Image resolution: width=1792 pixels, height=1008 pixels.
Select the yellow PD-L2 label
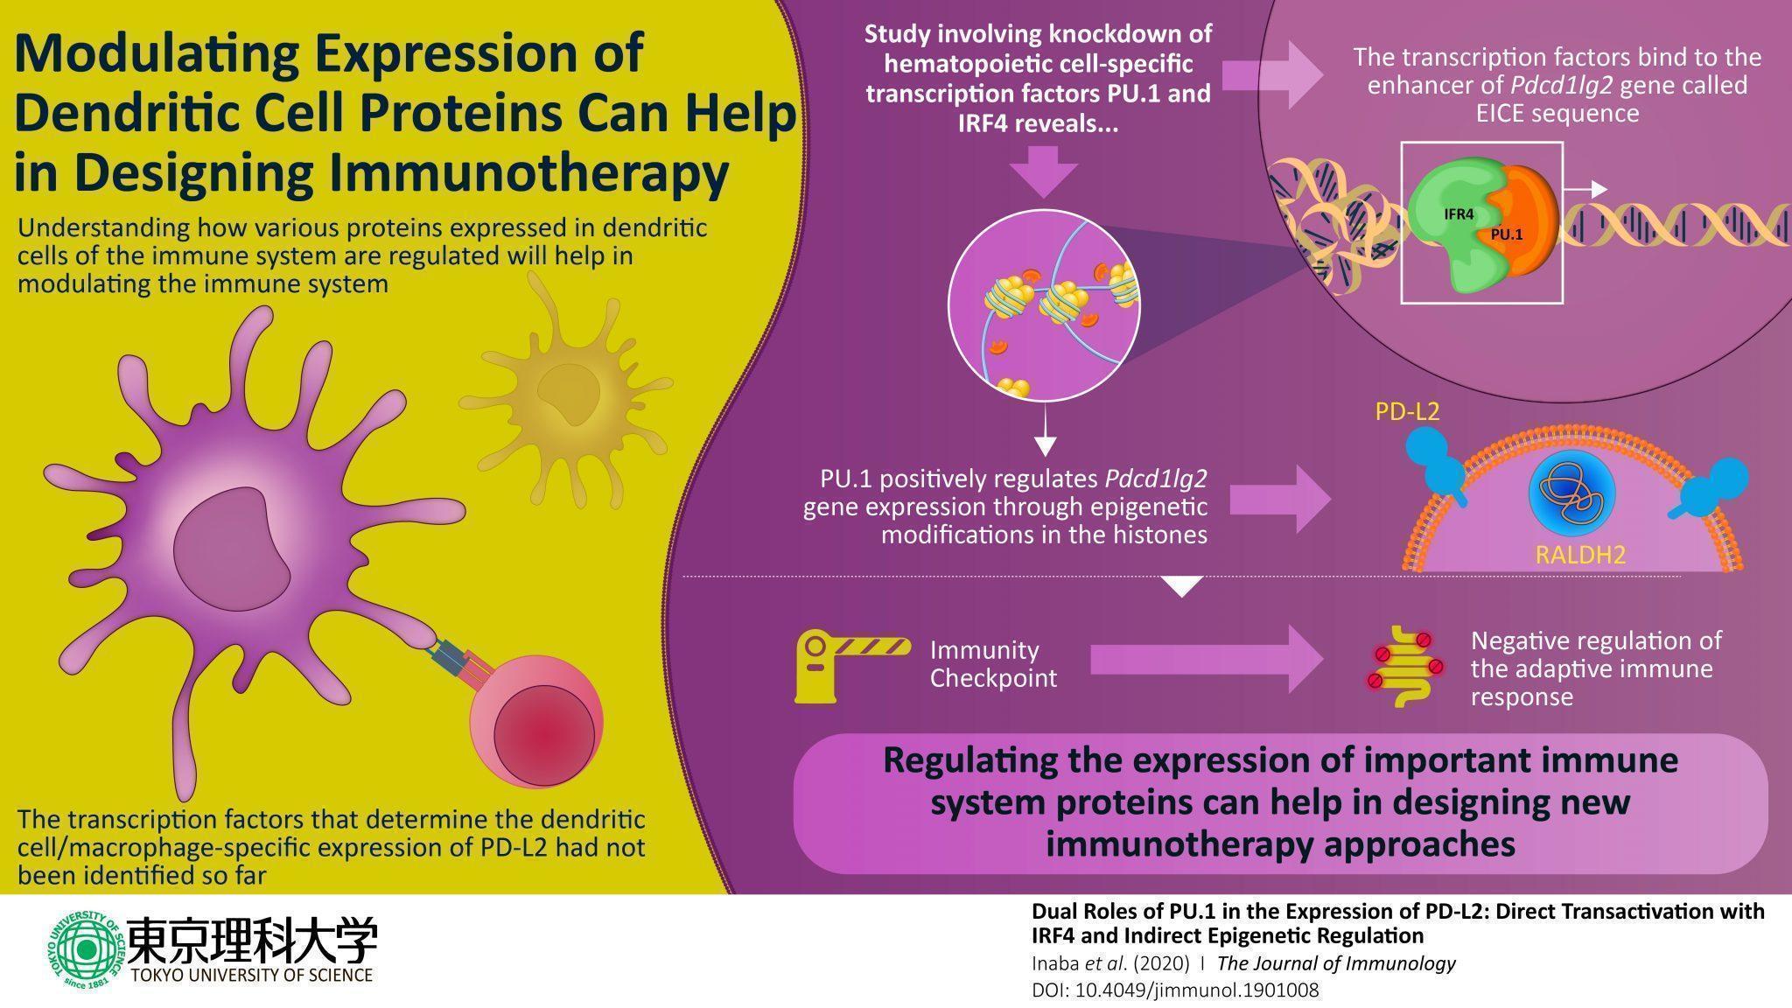[1406, 411]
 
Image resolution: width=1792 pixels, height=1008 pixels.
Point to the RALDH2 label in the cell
[1580, 555]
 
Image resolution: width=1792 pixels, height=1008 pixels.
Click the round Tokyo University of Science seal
[86, 950]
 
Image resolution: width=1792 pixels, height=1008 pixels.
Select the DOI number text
[1174, 990]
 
